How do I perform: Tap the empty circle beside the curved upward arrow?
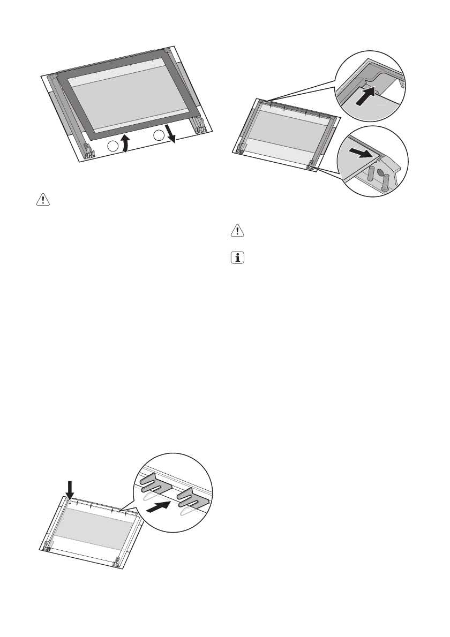pos(112,147)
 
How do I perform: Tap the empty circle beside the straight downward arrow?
pos(159,135)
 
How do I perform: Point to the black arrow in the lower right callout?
pos(358,154)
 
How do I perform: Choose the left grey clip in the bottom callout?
pos(155,485)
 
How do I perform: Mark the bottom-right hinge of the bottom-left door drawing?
pos(116,562)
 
